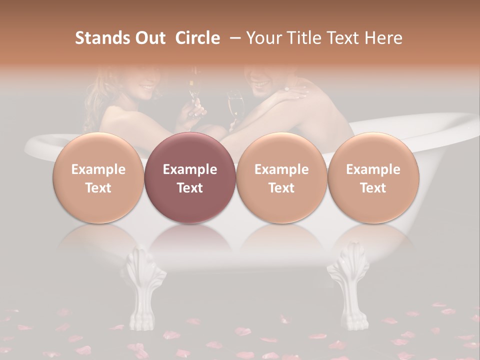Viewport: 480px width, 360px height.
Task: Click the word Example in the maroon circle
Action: point(190,169)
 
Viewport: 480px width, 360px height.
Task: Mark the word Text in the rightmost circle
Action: point(373,188)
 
